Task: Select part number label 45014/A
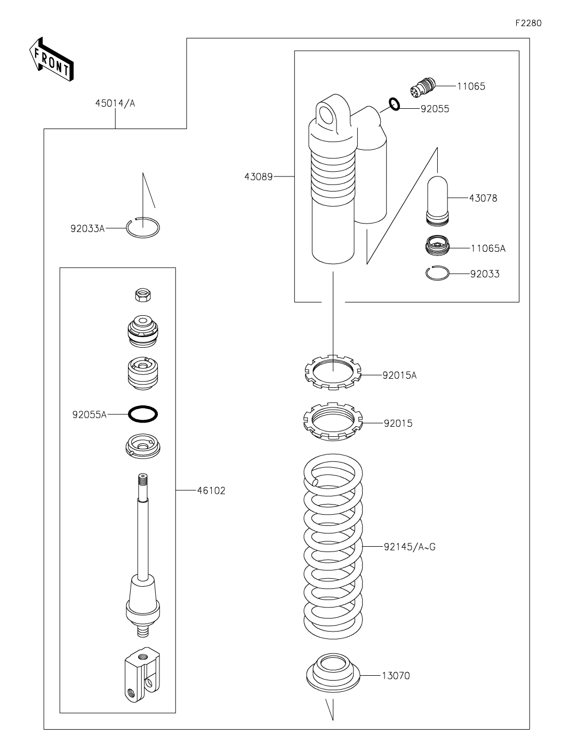pyautogui.click(x=115, y=103)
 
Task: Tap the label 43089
pyautogui.click(x=258, y=177)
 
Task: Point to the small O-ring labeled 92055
pyautogui.click(x=395, y=104)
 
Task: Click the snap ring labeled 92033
pyautogui.click(x=437, y=273)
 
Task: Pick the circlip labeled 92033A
pyautogui.click(x=143, y=228)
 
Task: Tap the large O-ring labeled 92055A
pyautogui.click(x=143, y=413)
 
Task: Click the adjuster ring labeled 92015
pyautogui.click(x=332, y=421)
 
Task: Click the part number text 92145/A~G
pyautogui.click(x=409, y=547)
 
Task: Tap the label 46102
pyautogui.click(x=211, y=491)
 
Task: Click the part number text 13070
pyautogui.click(x=396, y=676)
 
